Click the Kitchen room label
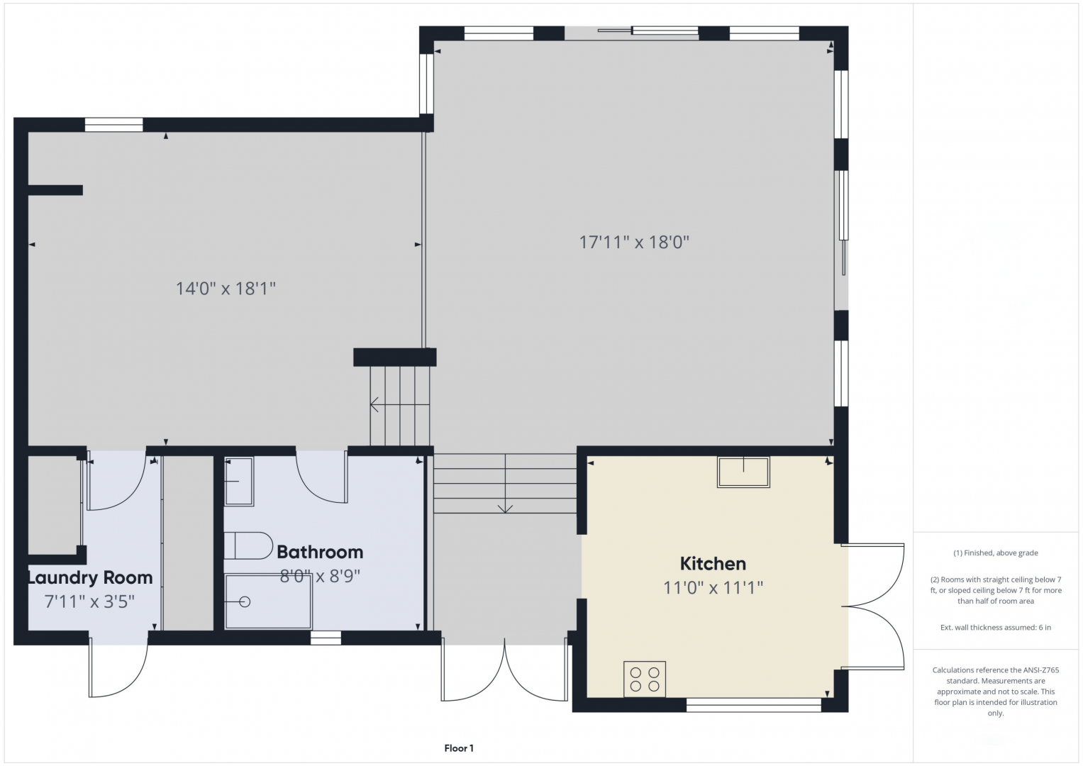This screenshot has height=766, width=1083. tap(713, 563)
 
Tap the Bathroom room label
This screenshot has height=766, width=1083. tap(320, 552)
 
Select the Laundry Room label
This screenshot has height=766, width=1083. tap(90, 578)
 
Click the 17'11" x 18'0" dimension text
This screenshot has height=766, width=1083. tap(634, 242)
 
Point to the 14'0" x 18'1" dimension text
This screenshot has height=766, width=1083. tap(226, 289)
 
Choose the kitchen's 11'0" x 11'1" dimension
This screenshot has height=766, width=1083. tap(713, 587)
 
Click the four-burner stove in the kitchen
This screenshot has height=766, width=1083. tap(645, 679)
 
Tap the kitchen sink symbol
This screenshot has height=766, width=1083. tap(743, 472)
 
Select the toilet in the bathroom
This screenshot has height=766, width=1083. tap(248, 545)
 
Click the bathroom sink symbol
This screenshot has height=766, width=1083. tap(239, 481)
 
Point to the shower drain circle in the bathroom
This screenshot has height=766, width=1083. tap(245, 602)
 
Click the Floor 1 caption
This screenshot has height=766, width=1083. tap(459, 748)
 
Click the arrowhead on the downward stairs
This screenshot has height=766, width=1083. tap(505, 509)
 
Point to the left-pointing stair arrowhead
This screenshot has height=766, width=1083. tap(374, 404)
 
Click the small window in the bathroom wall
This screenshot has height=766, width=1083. tap(326, 638)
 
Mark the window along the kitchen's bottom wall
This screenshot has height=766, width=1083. tap(754, 705)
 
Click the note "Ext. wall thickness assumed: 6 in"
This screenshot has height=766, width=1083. tap(996, 627)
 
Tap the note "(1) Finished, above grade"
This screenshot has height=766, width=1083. tap(996, 553)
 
